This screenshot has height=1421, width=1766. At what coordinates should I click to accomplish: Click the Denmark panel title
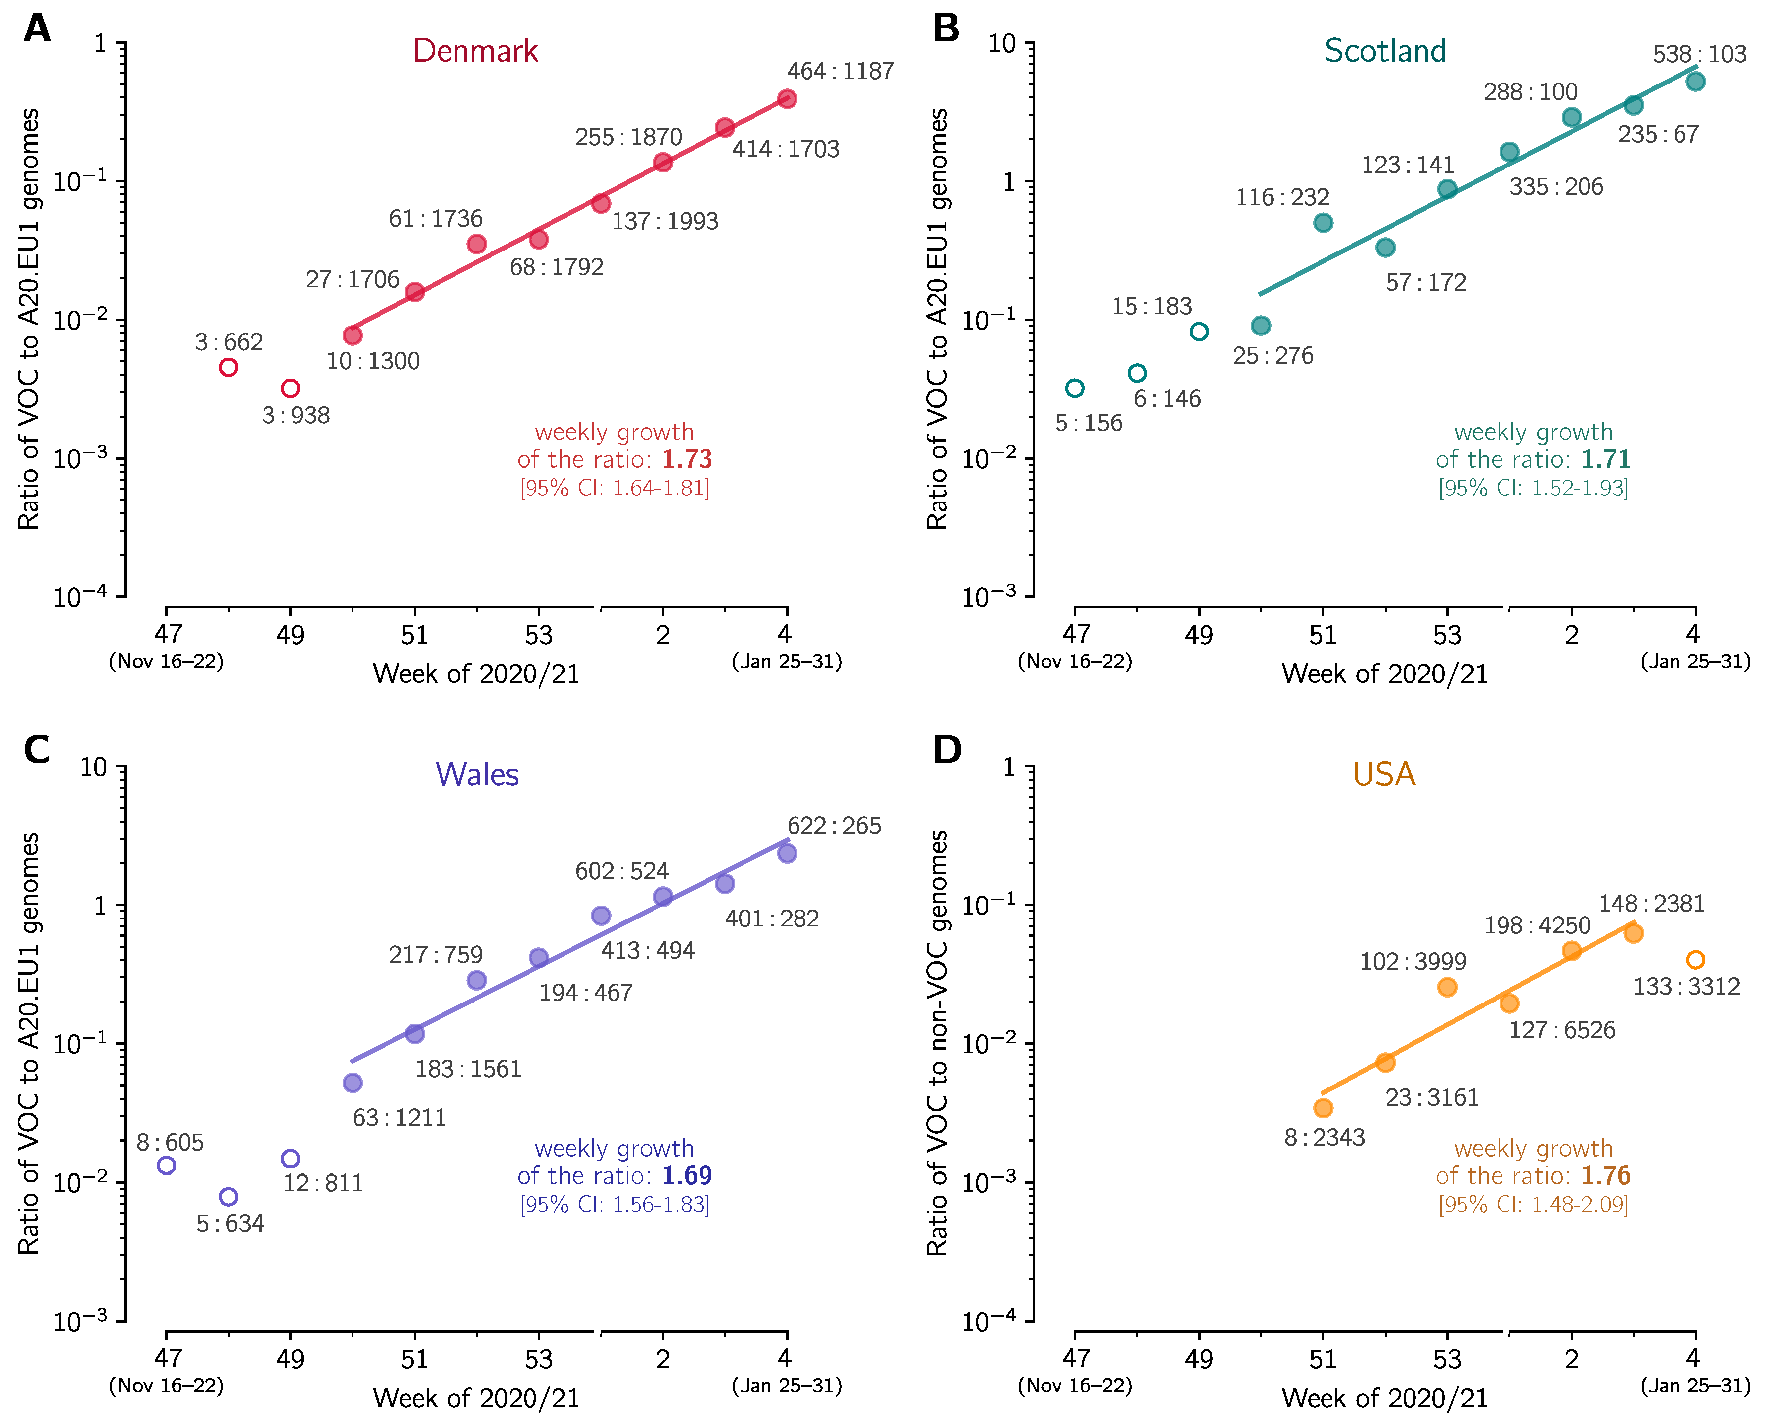click(475, 51)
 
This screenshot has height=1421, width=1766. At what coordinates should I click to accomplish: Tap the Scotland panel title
click(1385, 51)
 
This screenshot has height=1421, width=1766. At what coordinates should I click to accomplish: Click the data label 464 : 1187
click(840, 71)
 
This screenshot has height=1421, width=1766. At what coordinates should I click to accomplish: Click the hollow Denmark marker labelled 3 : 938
click(291, 388)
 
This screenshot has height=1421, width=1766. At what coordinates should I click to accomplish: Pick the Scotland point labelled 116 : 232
click(1323, 223)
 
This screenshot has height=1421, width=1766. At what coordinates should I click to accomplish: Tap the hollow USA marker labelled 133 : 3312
click(1695, 960)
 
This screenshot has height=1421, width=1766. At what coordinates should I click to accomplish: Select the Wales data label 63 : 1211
click(400, 1118)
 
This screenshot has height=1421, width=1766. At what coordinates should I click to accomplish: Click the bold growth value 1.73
click(687, 459)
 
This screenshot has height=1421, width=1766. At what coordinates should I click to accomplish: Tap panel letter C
click(37, 750)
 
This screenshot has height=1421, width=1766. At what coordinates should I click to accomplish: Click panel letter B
click(946, 29)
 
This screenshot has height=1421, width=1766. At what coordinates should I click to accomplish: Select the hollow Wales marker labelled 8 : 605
click(166, 1165)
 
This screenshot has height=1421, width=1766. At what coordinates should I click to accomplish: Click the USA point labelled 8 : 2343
click(1323, 1108)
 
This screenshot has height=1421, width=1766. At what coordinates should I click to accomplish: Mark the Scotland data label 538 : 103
click(1700, 54)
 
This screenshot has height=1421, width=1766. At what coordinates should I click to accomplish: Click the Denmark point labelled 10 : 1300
click(352, 335)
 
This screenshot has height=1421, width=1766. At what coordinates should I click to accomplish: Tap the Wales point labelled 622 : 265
click(787, 853)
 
